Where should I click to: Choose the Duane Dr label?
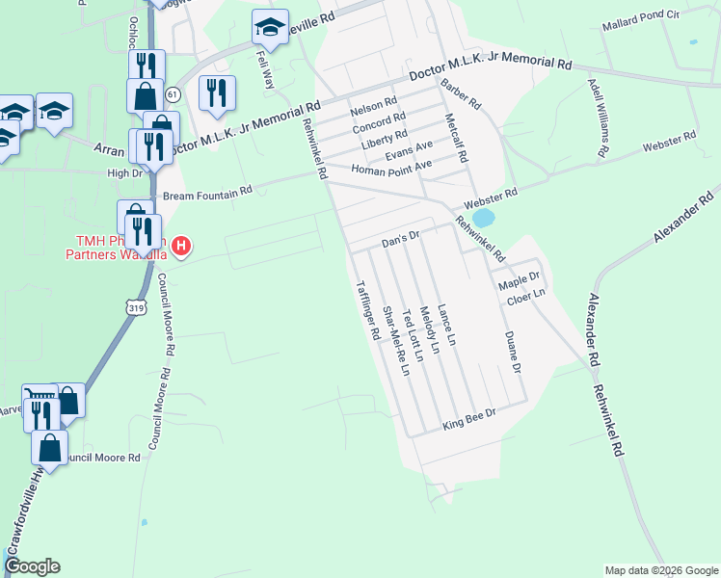point(513,354)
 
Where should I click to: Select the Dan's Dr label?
point(402,236)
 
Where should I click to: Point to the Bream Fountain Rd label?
point(206,193)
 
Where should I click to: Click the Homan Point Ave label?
point(382,170)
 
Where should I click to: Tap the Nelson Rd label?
point(374,104)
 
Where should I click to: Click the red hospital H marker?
point(180,247)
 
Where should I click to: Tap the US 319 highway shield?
point(133,305)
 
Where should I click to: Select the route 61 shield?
point(173,94)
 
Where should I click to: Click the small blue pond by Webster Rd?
point(483,220)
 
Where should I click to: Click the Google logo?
point(32,566)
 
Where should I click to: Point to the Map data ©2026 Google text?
point(659,570)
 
